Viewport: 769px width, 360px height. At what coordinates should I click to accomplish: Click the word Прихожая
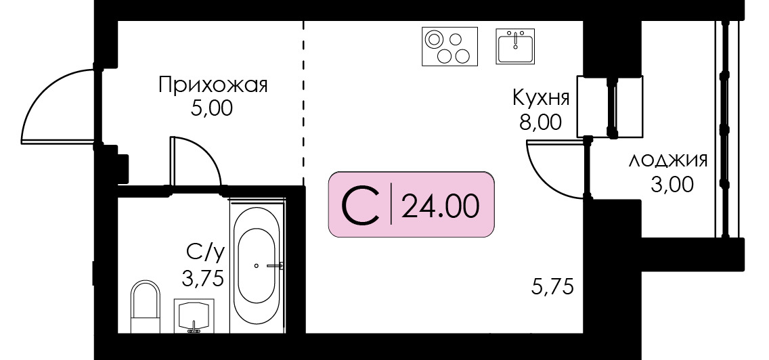tap(213, 86)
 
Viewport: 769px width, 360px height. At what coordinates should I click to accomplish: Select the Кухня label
tap(542, 98)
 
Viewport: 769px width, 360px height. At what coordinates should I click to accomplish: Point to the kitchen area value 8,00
tap(541, 121)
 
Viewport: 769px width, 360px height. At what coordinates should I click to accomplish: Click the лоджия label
tap(668, 160)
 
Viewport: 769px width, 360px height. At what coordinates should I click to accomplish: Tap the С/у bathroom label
tap(205, 254)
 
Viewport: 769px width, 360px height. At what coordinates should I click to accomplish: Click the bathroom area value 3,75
tap(202, 279)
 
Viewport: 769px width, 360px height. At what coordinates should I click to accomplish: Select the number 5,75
tap(552, 286)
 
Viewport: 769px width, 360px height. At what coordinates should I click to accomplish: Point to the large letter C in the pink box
tap(360, 205)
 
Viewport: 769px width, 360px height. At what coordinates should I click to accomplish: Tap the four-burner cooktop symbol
tap(449, 47)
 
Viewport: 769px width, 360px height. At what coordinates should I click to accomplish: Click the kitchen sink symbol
tap(515, 46)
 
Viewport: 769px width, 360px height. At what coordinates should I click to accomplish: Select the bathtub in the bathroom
tap(257, 265)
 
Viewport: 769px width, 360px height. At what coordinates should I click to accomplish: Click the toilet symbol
tap(146, 307)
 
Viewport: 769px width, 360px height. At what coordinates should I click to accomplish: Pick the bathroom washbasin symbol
tap(194, 316)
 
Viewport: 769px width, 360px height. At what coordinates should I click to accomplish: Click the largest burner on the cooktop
tap(434, 39)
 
